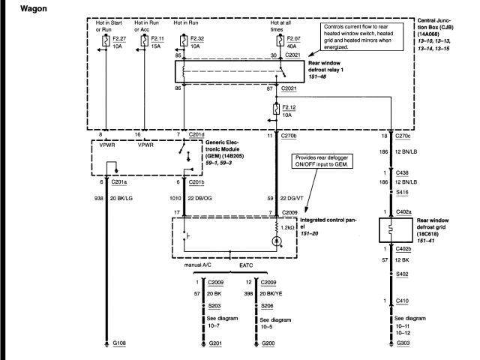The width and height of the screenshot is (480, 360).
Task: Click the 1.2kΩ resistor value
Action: pos(289,226)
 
